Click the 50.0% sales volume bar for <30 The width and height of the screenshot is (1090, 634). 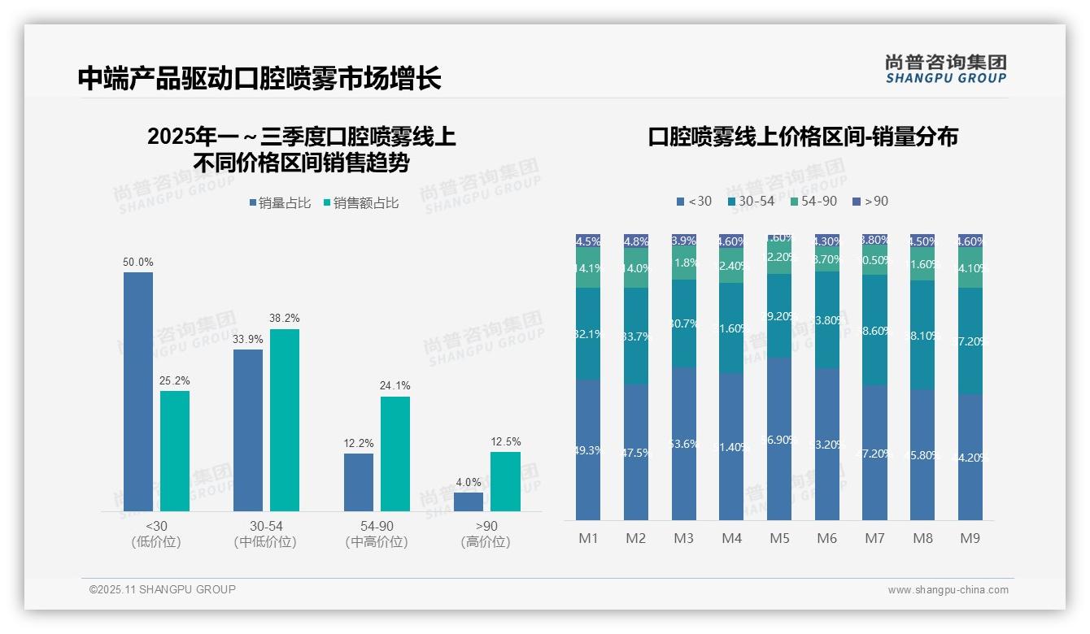(x=138, y=391)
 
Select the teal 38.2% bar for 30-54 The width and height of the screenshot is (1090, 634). (x=285, y=419)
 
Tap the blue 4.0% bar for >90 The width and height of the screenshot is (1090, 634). (x=469, y=502)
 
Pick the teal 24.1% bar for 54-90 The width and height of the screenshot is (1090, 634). (x=395, y=454)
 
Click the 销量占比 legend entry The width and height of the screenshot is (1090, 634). (x=280, y=203)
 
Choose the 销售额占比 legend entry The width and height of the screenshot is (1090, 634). (x=360, y=203)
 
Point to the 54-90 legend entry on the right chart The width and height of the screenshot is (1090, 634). (x=813, y=201)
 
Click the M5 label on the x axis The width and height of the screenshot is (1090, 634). (x=779, y=538)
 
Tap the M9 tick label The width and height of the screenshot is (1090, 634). (x=970, y=538)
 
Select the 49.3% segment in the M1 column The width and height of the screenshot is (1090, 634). (x=588, y=449)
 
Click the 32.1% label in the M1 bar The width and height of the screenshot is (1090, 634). (x=588, y=334)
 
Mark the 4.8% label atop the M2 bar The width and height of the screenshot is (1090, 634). (x=636, y=241)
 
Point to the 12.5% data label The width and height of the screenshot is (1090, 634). (x=505, y=441)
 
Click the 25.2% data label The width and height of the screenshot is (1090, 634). (x=175, y=380)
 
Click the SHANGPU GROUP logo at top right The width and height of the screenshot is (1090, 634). (x=945, y=69)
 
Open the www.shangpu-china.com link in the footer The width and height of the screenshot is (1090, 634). (x=948, y=590)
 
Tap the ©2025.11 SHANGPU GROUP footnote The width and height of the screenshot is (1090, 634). (x=163, y=589)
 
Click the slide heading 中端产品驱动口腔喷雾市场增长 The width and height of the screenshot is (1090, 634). (x=259, y=78)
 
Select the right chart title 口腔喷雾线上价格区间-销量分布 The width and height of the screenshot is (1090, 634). (x=802, y=137)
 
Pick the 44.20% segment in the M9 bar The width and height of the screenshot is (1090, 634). (x=970, y=457)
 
